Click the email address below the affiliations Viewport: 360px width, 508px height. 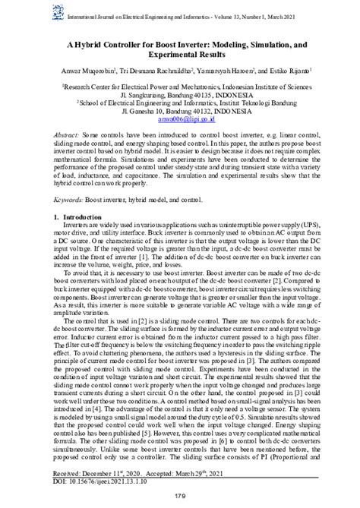179,119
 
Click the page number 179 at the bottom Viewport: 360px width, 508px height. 179,497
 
